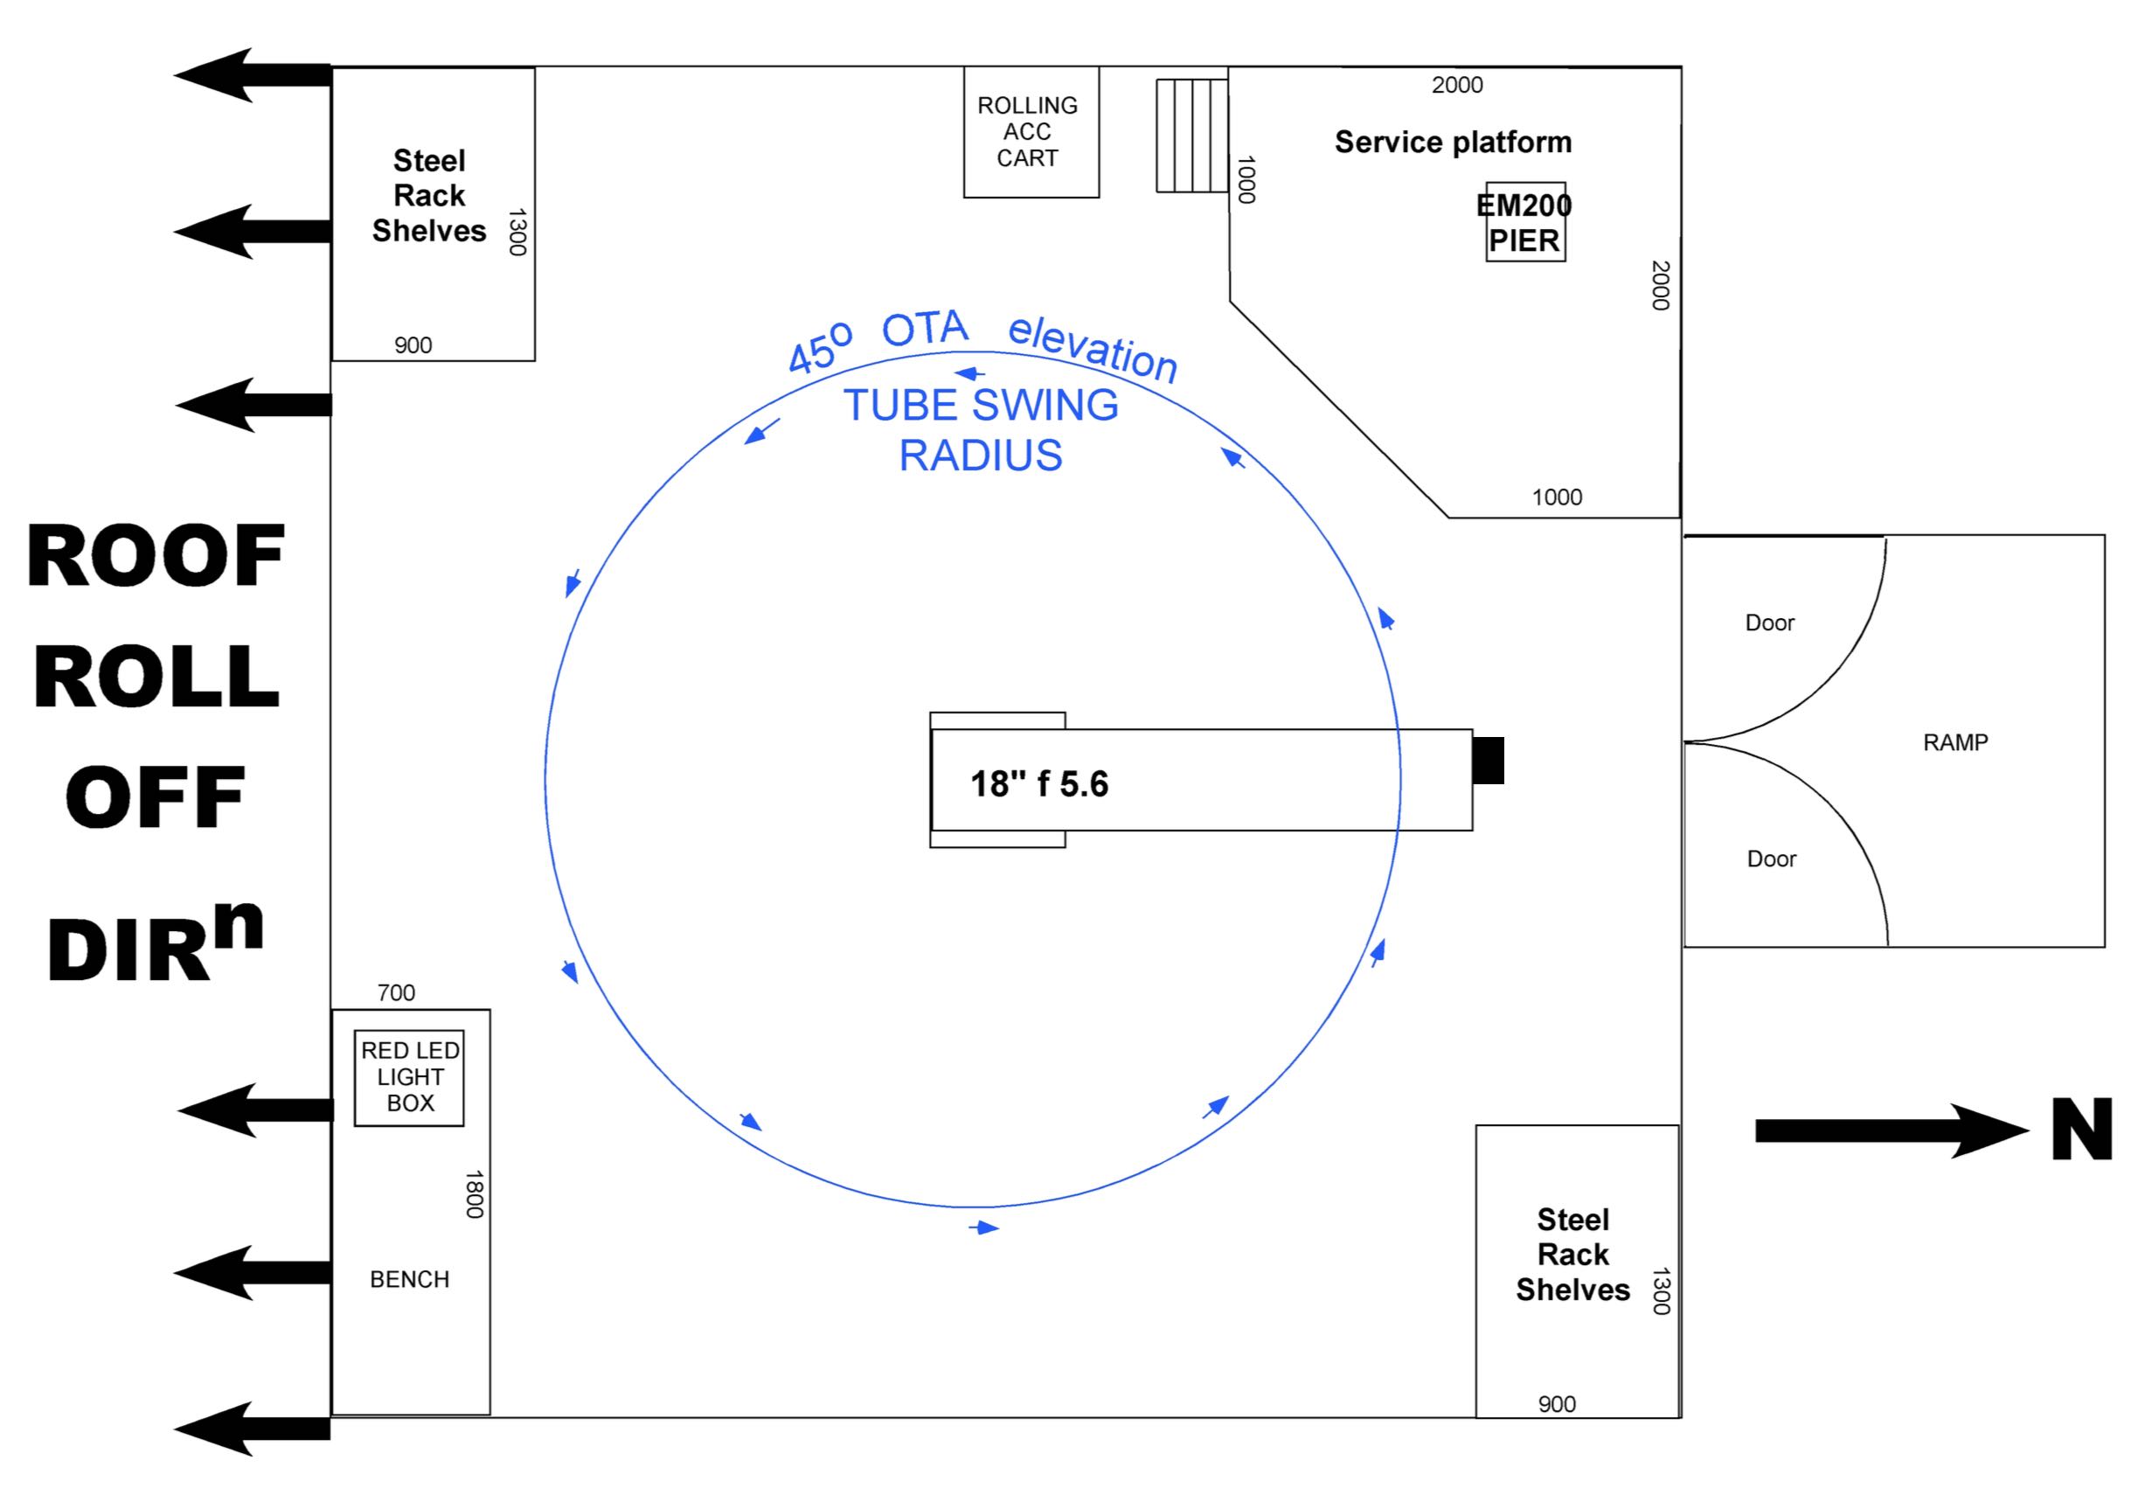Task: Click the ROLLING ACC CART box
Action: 1031,132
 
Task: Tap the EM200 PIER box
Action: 1524,222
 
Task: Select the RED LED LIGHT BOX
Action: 409,1077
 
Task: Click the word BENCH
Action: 409,1279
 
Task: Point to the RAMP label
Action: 1954,743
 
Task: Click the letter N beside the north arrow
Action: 2081,1130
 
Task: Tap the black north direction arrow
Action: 1887,1130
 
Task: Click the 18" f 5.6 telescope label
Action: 1039,785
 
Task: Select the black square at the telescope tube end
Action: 1489,761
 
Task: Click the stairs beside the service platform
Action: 1192,136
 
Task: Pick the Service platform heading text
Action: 1453,142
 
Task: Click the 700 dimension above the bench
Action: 396,993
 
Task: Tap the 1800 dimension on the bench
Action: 475,1194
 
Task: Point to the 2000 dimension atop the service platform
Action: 1456,85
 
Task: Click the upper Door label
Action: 1769,623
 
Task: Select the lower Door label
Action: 1771,859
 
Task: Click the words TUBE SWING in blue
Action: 980,406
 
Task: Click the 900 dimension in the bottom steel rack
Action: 1557,1403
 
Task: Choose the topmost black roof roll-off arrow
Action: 253,74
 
